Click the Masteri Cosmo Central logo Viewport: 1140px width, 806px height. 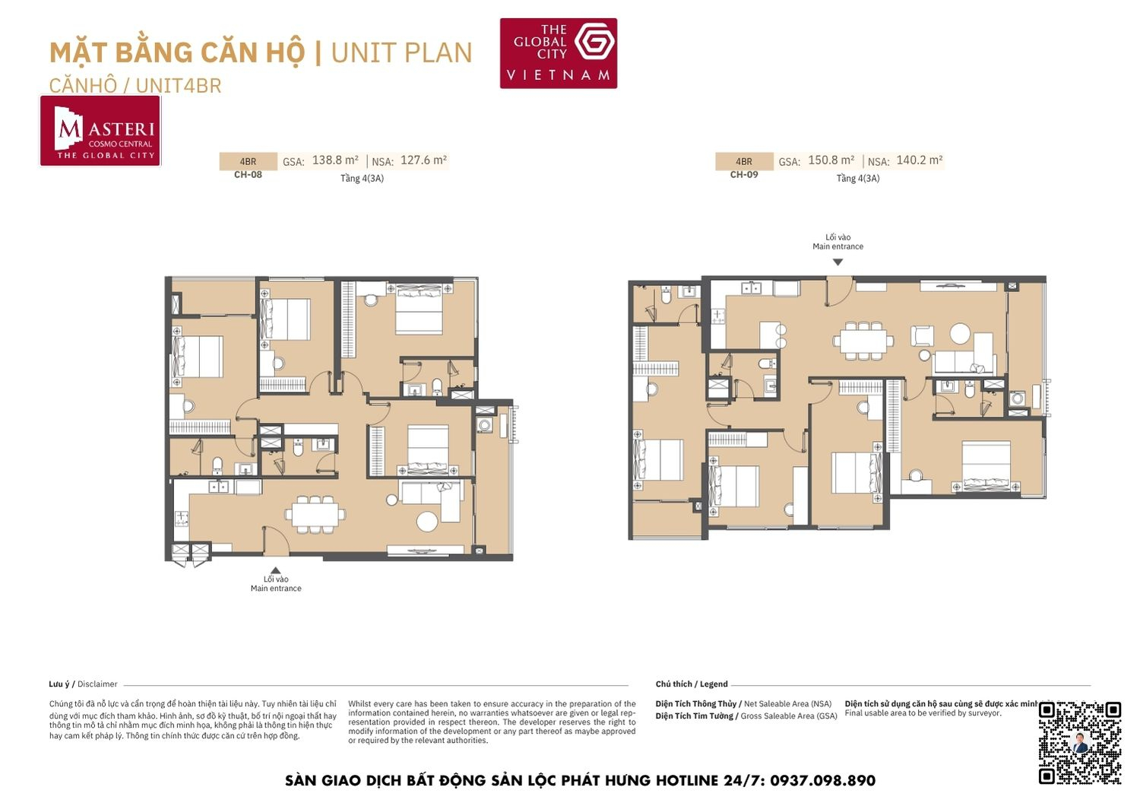pos(100,131)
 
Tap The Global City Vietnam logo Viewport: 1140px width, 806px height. pos(558,53)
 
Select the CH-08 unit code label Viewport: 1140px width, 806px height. pos(248,175)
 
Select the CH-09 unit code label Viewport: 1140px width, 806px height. pos(743,175)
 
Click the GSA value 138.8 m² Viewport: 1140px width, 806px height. pos(334,160)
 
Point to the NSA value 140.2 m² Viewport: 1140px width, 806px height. pos(919,160)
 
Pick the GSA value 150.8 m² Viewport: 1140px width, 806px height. pos(831,160)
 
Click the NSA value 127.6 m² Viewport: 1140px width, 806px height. pos(423,160)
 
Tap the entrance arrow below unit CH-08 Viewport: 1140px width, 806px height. pos(276,570)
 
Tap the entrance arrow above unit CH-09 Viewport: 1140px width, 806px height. pos(838,262)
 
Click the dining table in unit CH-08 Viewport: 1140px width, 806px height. pos(315,514)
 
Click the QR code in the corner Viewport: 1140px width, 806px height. pos(1079,742)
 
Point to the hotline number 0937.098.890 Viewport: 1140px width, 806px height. pos(822,781)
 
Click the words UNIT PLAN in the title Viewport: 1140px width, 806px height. pos(401,53)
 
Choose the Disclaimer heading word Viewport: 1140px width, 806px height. pos(97,684)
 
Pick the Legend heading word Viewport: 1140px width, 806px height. pos(714,684)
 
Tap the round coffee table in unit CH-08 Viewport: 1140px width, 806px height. pos(427,522)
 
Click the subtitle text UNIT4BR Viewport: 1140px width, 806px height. pos(179,86)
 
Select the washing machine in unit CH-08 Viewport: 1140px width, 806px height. pos(485,425)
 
